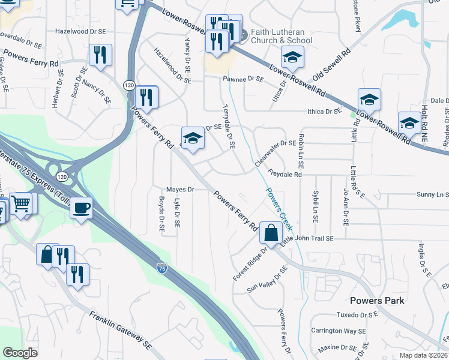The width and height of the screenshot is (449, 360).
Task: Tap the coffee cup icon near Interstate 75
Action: [81, 208]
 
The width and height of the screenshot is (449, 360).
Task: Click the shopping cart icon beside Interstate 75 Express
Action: [21, 204]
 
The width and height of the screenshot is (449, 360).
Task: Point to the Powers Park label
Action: [377, 301]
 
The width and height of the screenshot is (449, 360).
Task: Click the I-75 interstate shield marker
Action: [161, 268]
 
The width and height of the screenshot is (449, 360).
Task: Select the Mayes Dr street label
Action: [180, 190]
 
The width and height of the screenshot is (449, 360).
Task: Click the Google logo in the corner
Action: [20, 353]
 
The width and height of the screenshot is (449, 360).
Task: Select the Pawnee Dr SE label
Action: [243, 79]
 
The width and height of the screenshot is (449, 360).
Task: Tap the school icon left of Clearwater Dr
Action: [193, 137]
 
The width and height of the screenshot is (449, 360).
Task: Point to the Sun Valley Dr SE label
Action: [268, 280]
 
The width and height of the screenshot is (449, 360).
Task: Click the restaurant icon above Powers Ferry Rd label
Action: [100, 55]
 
